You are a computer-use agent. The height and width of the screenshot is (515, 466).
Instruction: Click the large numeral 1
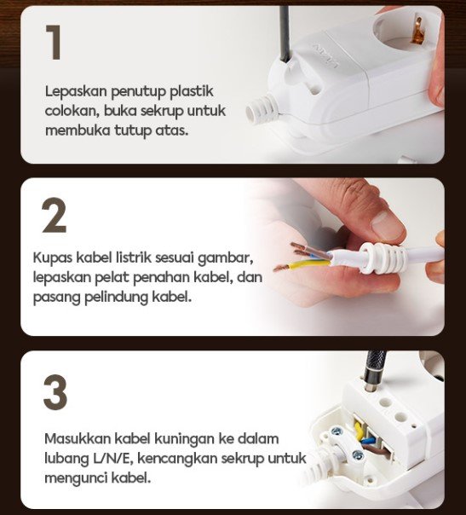pyautogui.click(x=55, y=42)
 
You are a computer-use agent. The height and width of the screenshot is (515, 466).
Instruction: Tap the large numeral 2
pyautogui.click(x=55, y=216)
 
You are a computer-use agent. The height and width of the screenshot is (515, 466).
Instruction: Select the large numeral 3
pyautogui.click(x=55, y=392)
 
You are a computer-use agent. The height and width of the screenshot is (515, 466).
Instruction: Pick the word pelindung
pyautogui.click(x=116, y=298)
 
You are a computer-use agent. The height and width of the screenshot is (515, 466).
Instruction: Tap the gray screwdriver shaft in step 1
pyautogui.click(x=285, y=34)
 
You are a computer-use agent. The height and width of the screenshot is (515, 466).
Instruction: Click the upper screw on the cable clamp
pyautogui.click(x=337, y=431)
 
